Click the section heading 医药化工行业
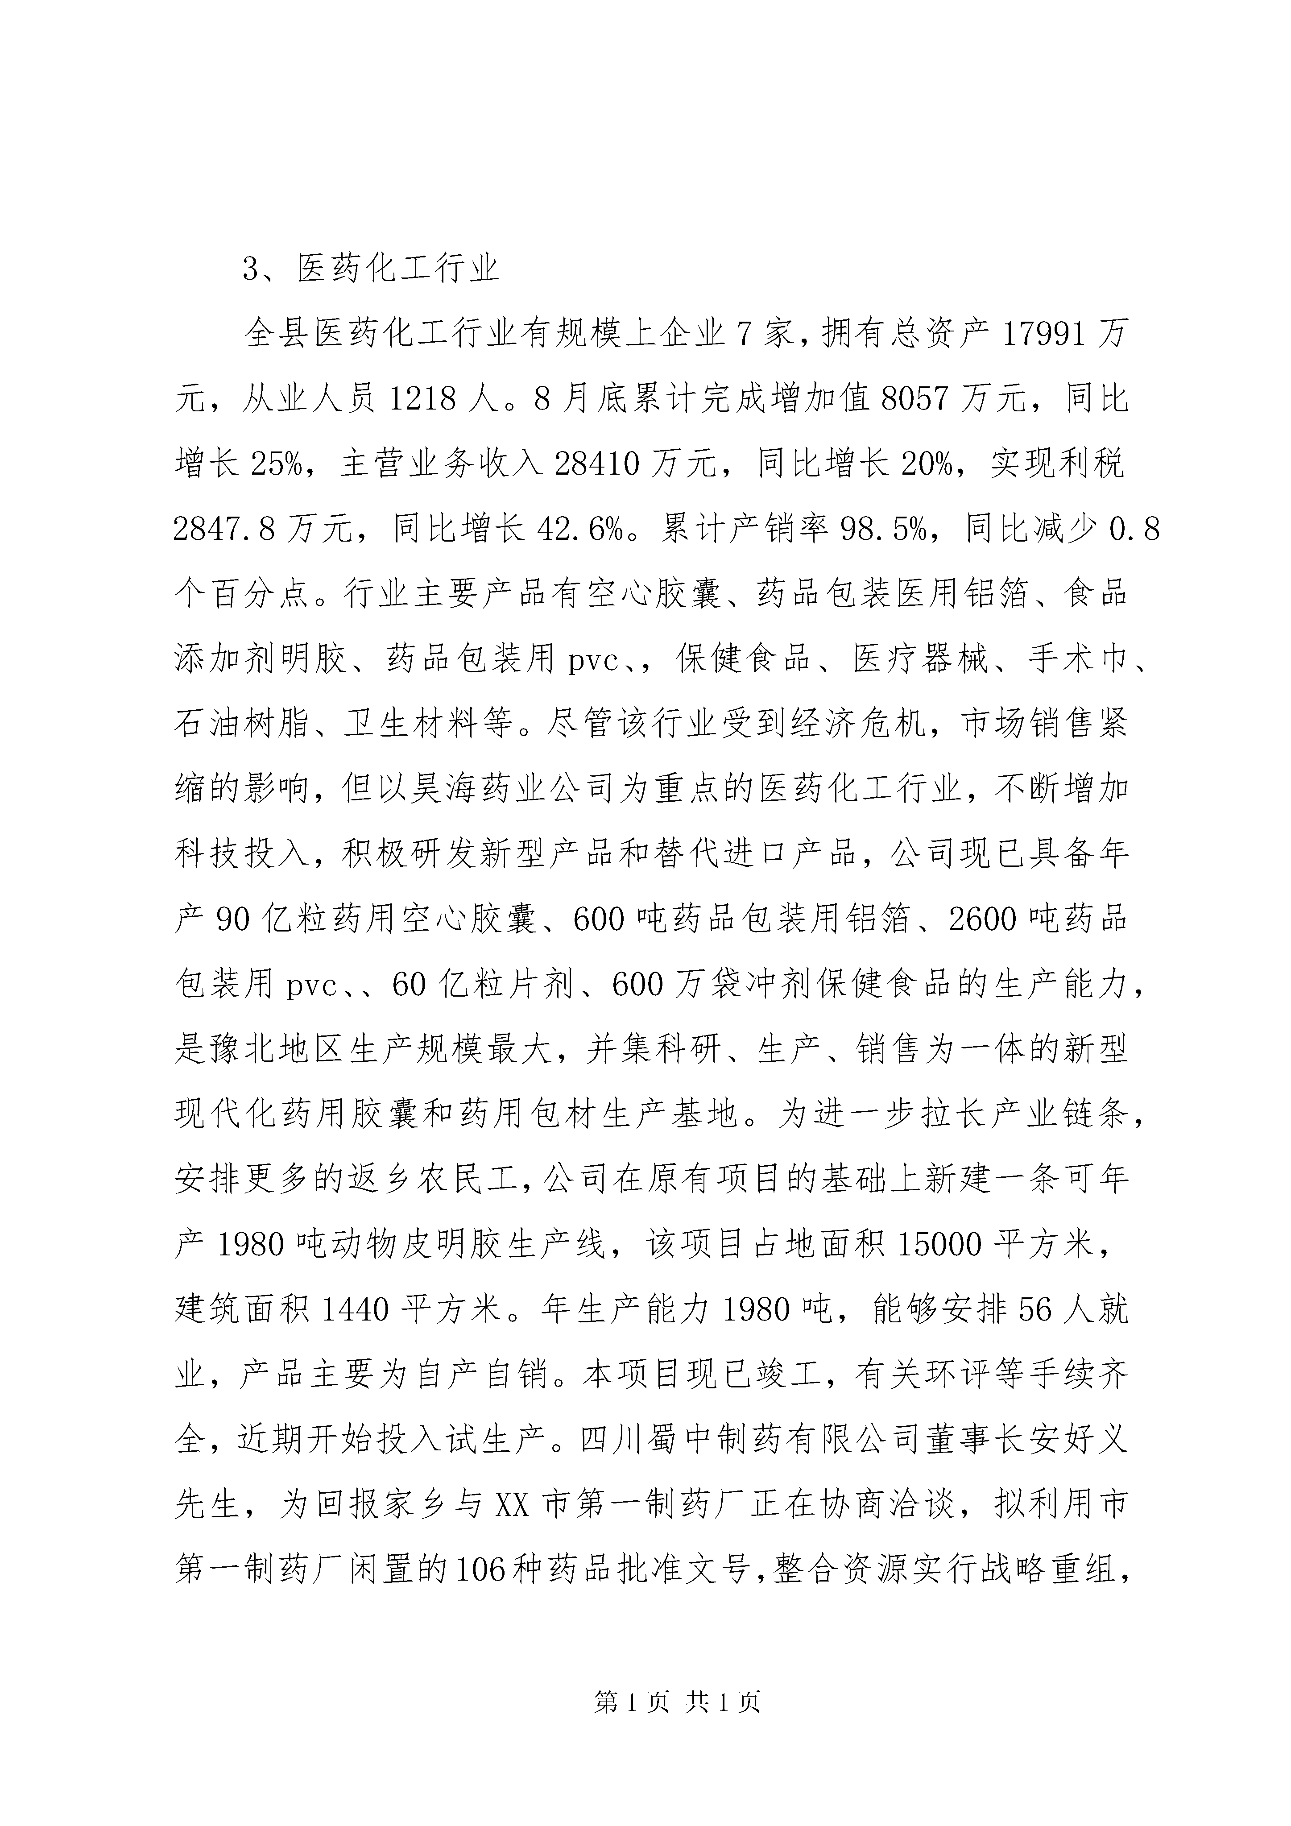coord(398,269)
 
